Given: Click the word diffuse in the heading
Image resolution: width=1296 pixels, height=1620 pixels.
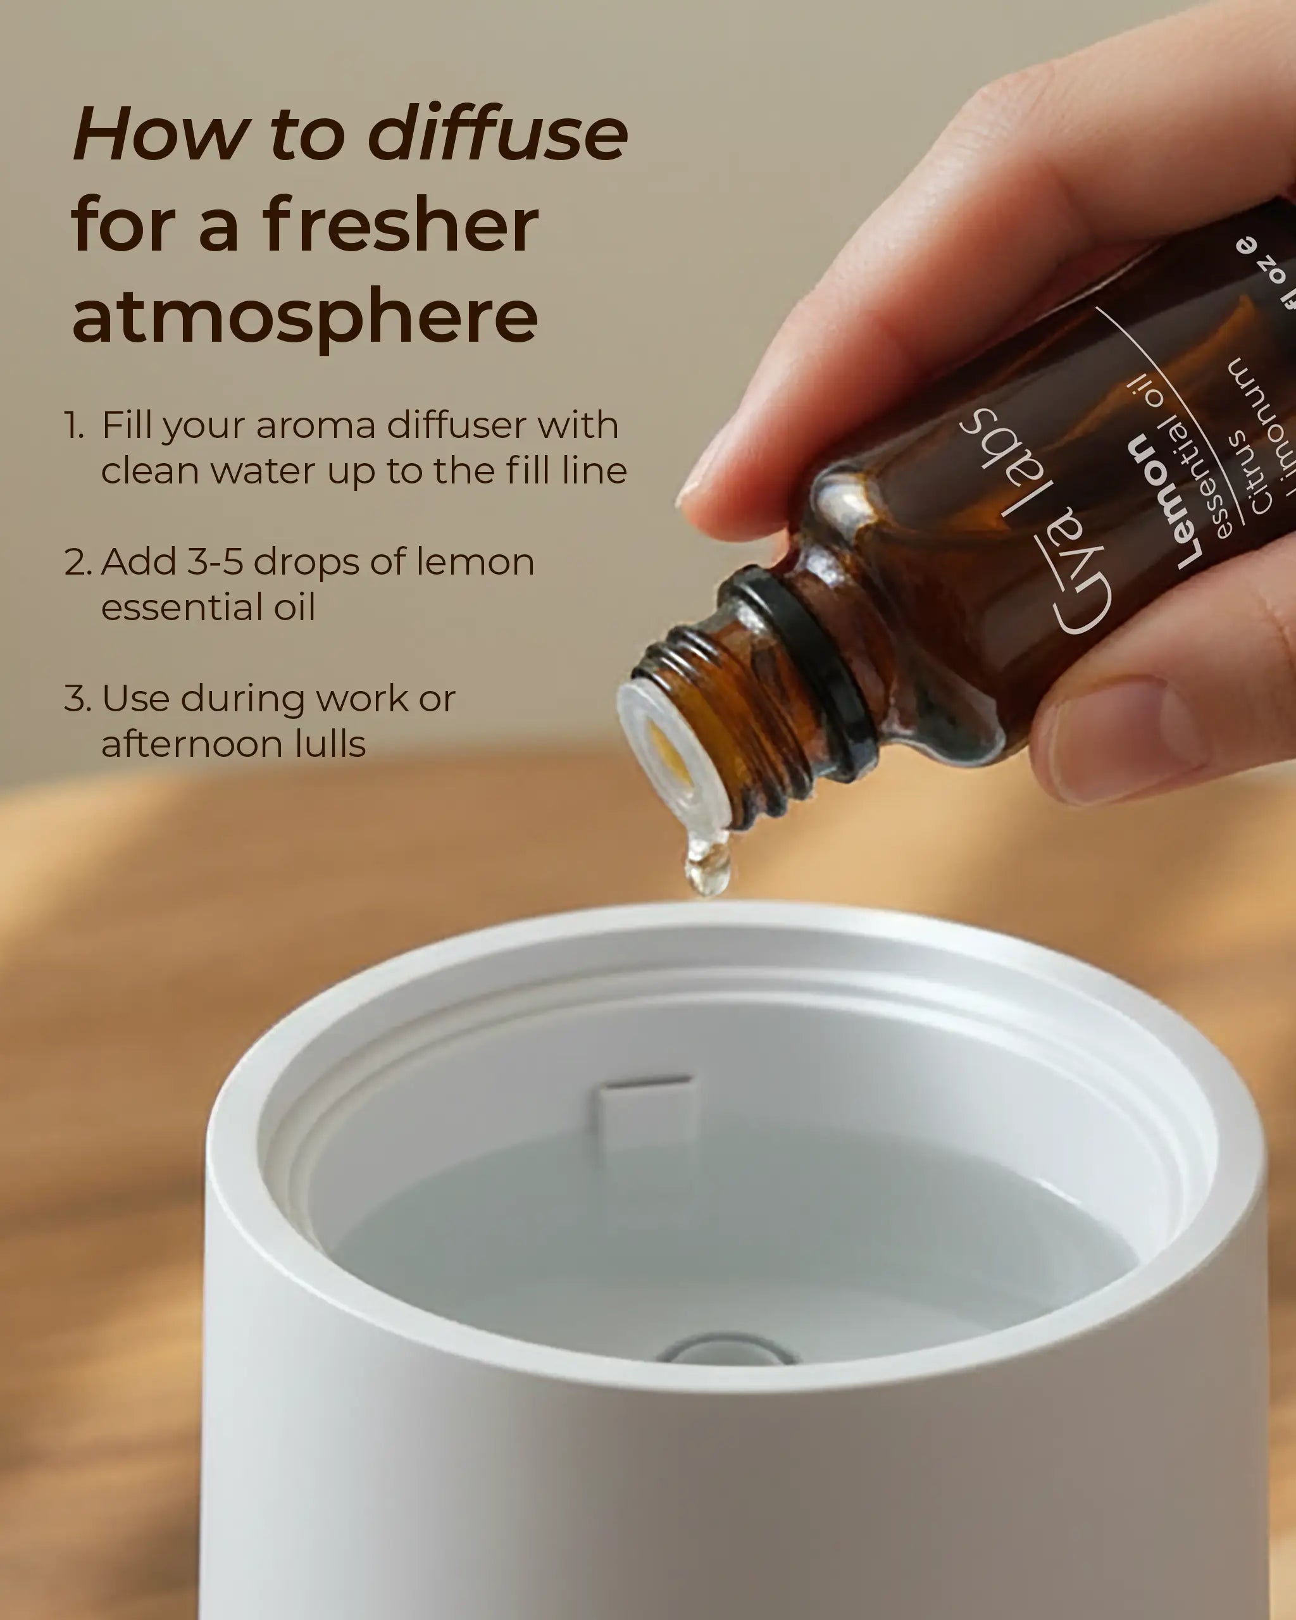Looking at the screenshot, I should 497,135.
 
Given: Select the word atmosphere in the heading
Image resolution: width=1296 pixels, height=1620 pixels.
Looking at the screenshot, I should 304,316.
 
